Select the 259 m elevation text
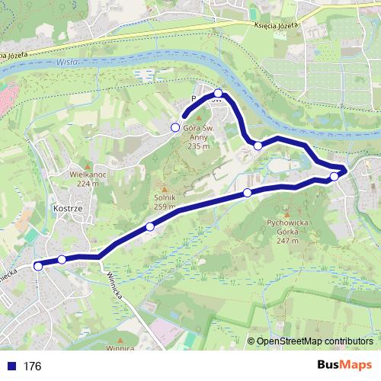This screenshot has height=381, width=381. [x=163, y=206]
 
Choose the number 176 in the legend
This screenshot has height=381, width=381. [x=32, y=367]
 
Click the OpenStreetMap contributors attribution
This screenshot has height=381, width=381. [x=315, y=341]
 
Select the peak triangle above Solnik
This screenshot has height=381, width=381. [x=162, y=187]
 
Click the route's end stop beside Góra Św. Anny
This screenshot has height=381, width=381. [x=175, y=126]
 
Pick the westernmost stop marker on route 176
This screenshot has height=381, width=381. [x=38, y=266]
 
